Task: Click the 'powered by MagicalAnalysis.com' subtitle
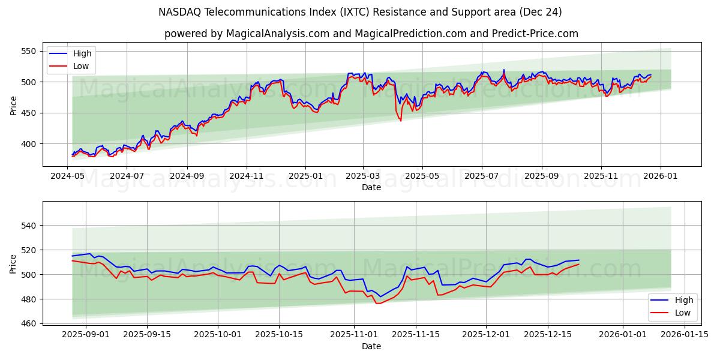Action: click(x=371, y=34)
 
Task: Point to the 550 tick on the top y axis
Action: click(x=29, y=51)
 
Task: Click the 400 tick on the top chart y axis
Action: click(x=29, y=144)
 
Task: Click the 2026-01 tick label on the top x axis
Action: click(x=661, y=176)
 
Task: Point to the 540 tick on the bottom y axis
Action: click(x=29, y=226)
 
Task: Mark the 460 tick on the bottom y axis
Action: click(x=29, y=324)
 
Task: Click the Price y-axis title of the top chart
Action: click(x=13, y=105)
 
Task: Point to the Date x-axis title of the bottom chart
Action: click(x=371, y=346)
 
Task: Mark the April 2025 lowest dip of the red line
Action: click(x=401, y=121)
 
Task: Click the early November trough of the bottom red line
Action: click(x=377, y=304)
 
